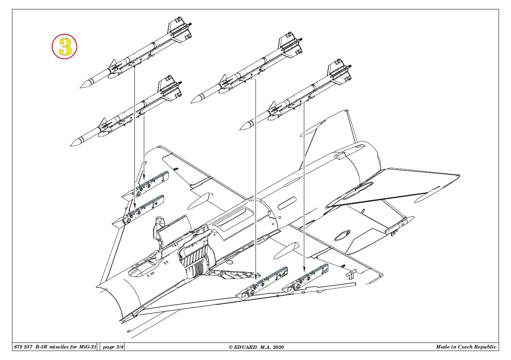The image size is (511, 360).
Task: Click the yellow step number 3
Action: tap(65, 47)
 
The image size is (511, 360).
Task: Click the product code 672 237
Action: tap(23, 347)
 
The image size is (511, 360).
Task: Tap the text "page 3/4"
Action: tap(113, 347)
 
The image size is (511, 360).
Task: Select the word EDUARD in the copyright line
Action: tap(245, 347)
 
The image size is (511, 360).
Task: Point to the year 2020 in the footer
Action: tap(278, 347)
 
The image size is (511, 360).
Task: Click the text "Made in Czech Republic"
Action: tap(466, 347)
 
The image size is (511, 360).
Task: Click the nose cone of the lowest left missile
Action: tap(75, 143)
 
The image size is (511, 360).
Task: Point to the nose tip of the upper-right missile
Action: tap(191, 102)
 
